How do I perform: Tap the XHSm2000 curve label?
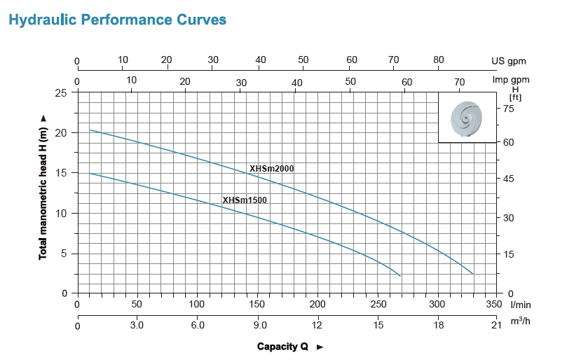point(272,169)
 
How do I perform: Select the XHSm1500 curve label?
point(245,200)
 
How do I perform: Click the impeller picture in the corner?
point(466,118)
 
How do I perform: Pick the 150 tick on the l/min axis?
point(257,304)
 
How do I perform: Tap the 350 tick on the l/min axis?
point(494,304)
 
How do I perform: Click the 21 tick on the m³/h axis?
point(497,325)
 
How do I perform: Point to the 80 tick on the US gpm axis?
point(439,60)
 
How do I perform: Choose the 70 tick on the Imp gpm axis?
point(460,82)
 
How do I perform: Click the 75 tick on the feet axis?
point(509,109)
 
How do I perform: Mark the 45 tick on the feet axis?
point(509,179)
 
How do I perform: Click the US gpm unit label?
point(508,61)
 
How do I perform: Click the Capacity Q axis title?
point(283,347)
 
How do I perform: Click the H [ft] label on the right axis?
point(515,93)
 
